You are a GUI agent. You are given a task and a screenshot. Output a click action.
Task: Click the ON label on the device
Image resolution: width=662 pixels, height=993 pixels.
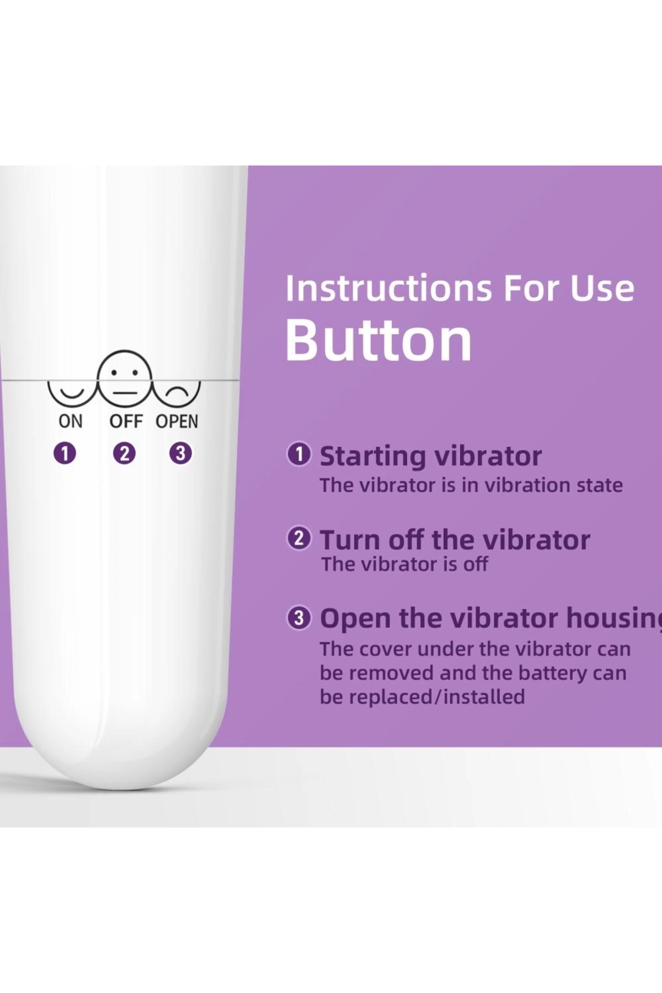coord(70,421)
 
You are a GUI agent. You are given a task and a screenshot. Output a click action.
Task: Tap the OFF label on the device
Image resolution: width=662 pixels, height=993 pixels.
coord(126,421)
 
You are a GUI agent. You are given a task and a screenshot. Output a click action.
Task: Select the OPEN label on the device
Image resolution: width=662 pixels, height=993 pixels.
coord(177,421)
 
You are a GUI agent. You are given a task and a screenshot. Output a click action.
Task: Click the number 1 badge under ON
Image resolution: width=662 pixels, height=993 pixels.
coord(65,453)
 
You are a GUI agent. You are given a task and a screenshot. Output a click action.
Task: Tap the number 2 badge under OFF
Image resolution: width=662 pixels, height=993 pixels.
coord(124,453)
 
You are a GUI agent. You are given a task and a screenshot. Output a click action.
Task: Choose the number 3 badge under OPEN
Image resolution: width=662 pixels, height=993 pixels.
coord(180,453)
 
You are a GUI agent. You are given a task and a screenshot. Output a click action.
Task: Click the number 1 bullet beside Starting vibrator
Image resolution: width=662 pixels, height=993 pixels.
coord(299,455)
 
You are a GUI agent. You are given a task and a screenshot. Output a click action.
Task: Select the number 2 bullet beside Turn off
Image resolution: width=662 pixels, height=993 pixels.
coord(299,538)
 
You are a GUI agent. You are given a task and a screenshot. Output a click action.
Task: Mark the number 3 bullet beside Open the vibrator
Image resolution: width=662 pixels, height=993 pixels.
coord(299,618)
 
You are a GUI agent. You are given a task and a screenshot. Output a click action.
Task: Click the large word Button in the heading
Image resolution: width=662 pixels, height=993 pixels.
coord(378,340)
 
